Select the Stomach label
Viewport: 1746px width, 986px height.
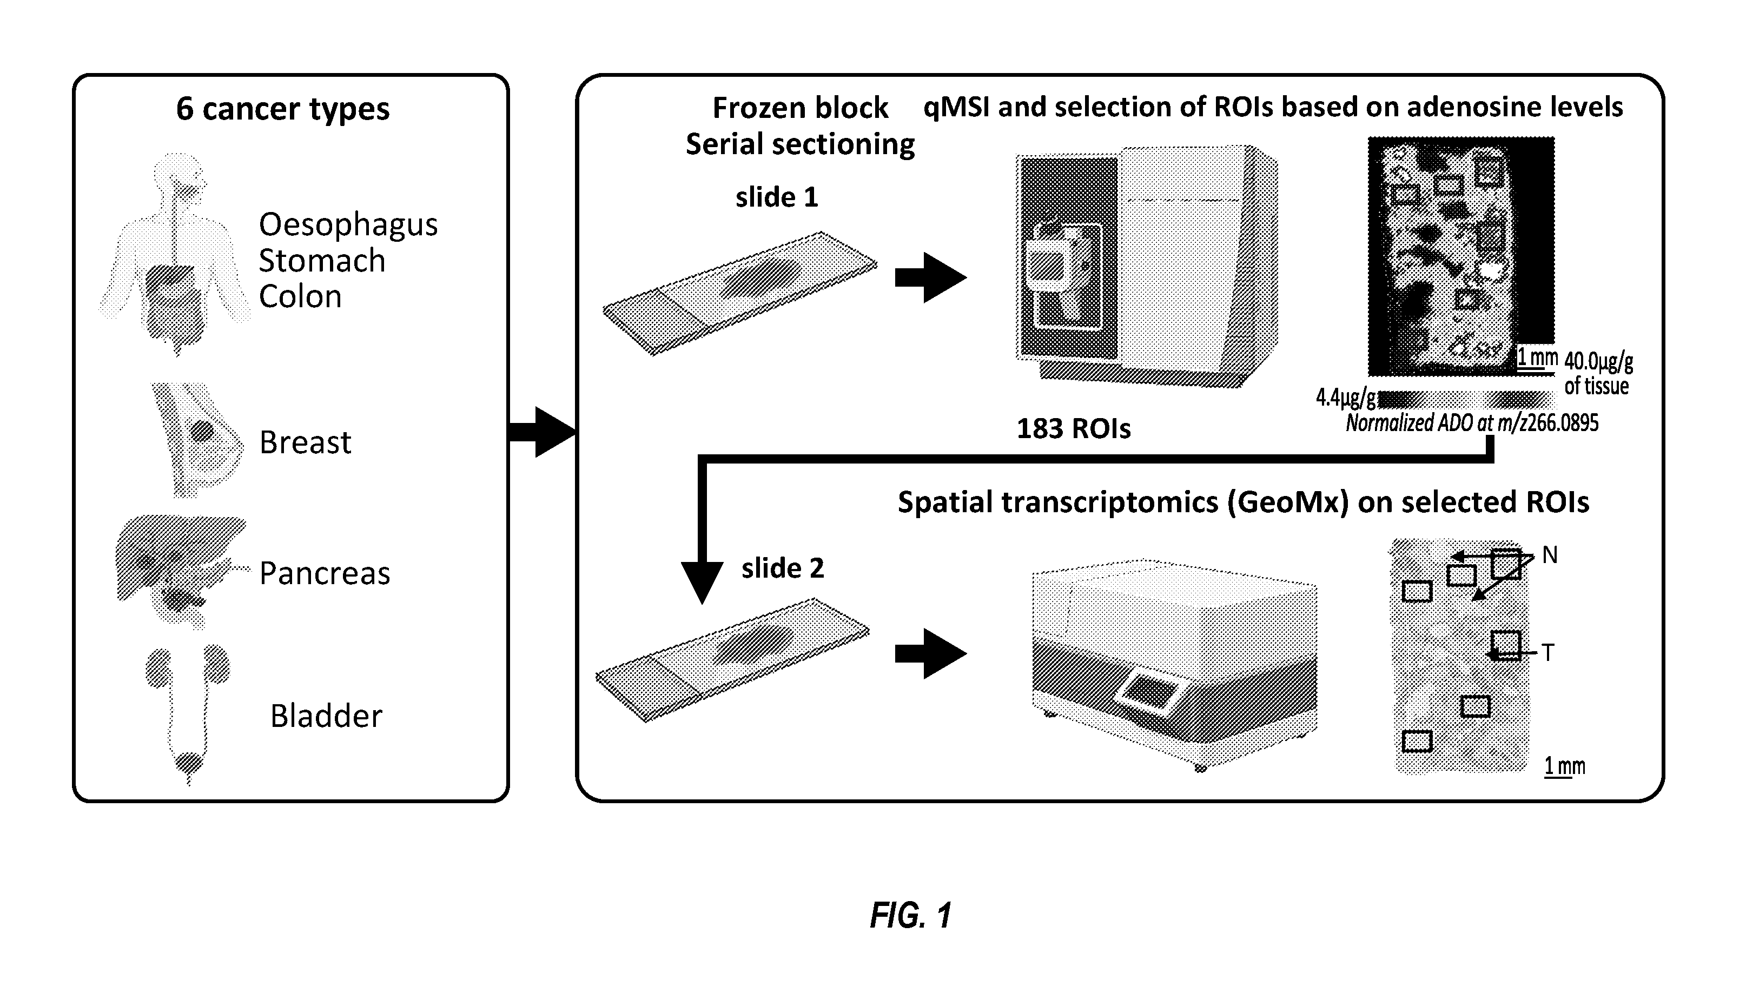322,261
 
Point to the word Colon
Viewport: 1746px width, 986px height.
300,297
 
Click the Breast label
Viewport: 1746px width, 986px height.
305,442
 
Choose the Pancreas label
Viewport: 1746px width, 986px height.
325,573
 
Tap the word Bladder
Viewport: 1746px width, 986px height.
326,716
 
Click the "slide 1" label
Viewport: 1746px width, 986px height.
777,197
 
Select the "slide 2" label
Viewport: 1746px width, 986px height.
783,568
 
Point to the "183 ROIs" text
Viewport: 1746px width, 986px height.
1074,429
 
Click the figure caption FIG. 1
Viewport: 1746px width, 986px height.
911,916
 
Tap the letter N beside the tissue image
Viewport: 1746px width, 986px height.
1550,555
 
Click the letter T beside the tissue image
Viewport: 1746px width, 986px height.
1548,653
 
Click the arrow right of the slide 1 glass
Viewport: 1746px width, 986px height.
931,277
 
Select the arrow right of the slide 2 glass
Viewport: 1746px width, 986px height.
931,653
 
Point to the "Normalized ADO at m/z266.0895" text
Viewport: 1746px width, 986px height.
1471,423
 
